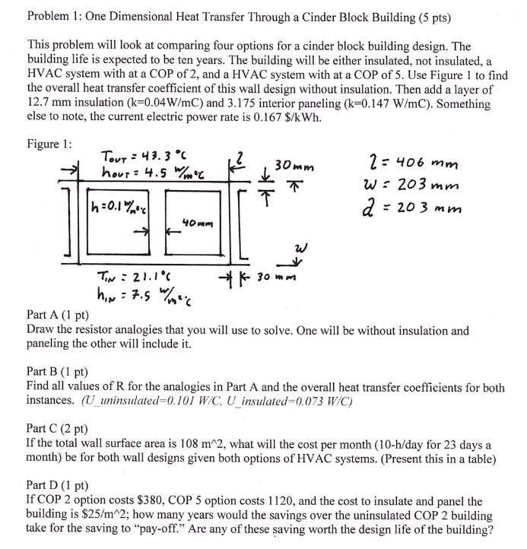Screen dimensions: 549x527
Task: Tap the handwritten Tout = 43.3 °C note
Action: click(x=134, y=156)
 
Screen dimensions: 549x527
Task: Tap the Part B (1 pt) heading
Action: click(x=57, y=372)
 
